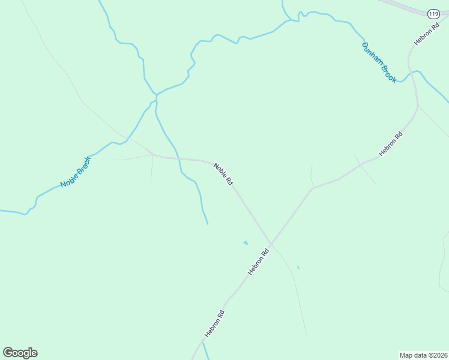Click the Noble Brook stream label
(76, 172)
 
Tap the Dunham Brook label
(379, 62)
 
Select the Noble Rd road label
(223, 173)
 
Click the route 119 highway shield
(433, 13)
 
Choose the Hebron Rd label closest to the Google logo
(214, 323)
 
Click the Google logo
(20, 353)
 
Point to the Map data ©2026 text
(423, 355)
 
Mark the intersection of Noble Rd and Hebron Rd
(271, 244)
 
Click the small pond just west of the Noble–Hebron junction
(245, 242)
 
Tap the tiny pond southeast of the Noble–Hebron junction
(298, 267)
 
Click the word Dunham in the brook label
(373, 54)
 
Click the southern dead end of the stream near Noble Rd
(208, 224)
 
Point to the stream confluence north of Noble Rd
(156, 95)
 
